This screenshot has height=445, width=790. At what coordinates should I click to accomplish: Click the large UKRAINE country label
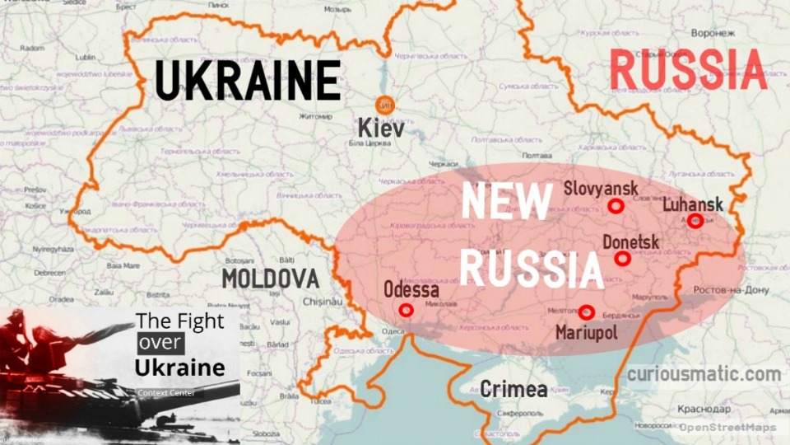(248, 81)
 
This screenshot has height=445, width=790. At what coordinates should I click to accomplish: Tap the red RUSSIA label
(688, 69)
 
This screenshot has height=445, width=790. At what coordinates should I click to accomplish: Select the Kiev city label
(381, 129)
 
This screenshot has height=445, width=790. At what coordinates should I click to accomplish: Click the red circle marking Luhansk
(695, 220)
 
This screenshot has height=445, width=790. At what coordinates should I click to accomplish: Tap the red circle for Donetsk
(623, 259)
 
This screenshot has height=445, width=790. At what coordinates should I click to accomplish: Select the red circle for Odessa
(405, 310)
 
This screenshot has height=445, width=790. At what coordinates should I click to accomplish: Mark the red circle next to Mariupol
(586, 311)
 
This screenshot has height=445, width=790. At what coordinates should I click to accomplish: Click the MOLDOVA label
(270, 279)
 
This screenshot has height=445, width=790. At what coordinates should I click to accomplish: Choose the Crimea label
(513, 389)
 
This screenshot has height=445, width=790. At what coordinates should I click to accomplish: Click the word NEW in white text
(505, 201)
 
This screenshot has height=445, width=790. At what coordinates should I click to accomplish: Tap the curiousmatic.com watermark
(704, 375)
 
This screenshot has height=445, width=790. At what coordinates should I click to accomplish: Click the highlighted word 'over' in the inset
(160, 343)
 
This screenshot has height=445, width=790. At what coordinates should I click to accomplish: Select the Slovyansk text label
(601, 189)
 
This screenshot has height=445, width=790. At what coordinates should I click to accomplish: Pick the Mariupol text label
(586, 332)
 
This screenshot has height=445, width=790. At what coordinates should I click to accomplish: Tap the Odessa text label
(411, 291)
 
